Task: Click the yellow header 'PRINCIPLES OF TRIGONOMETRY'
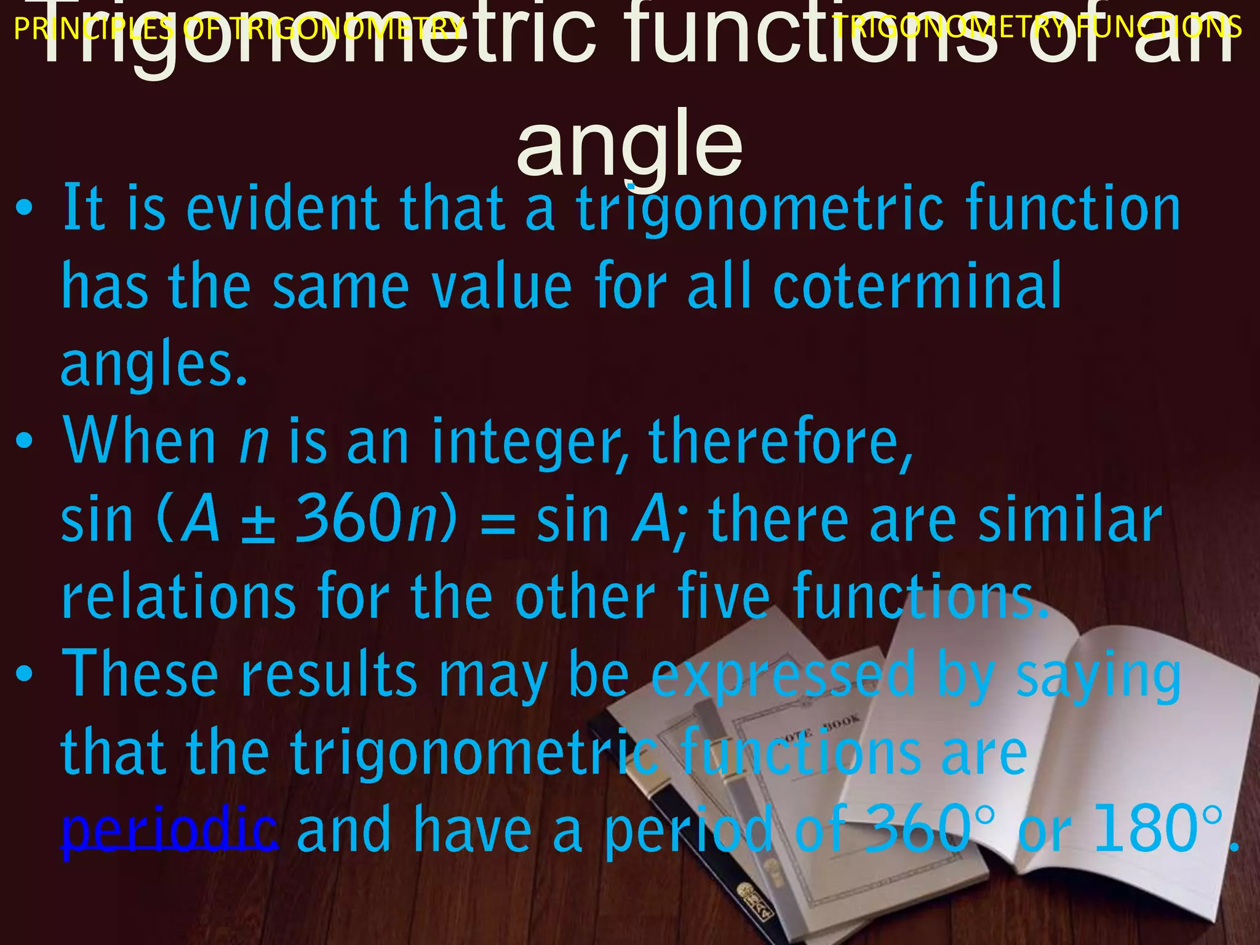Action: [x=239, y=28]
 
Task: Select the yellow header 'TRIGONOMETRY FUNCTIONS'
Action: [x=1037, y=28]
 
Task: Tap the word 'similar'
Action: [x=1070, y=520]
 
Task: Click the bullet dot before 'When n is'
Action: [x=24, y=441]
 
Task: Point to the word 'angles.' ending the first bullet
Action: [x=154, y=364]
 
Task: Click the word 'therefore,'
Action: [x=781, y=442]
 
